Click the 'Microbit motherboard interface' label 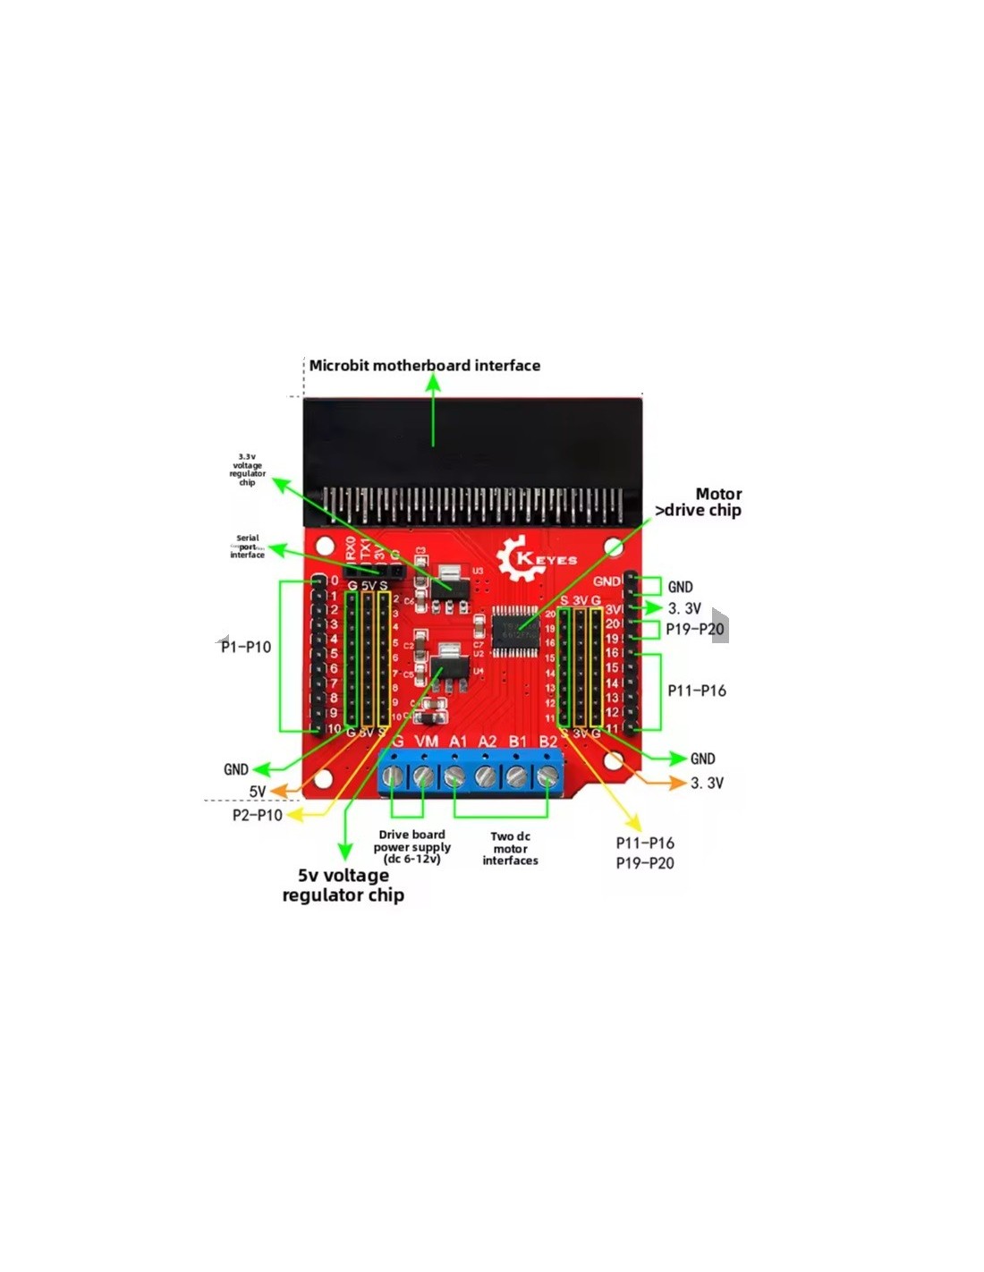tap(424, 365)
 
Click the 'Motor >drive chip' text tap(700, 502)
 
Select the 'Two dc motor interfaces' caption tap(510, 848)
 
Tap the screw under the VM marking tap(424, 776)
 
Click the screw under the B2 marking tap(547, 776)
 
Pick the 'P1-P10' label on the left tap(246, 647)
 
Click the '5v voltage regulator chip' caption tap(344, 885)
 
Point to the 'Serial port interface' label tap(247, 547)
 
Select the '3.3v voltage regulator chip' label tap(247, 469)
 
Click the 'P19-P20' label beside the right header tap(694, 629)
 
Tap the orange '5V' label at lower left tap(258, 792)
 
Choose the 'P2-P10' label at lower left tap(258, 815)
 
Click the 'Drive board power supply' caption tap(411, 846)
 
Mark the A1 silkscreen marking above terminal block tap(458, 742)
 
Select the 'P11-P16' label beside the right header tap(697, 691)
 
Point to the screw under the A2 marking tap(485, 776)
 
